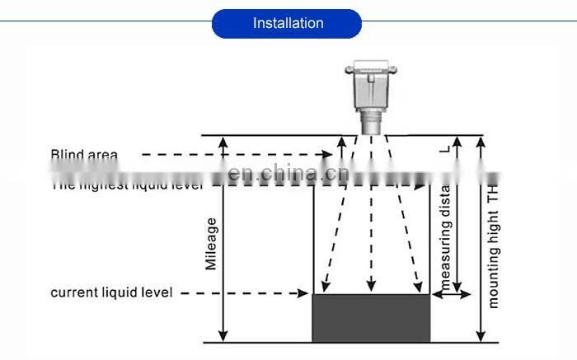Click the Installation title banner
tap(288, 23)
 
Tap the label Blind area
tap(84, 154)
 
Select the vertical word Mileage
tap(212, 243)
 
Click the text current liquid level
tap(112, 293)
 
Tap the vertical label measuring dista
tap(446, 239)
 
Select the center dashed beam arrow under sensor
tap(371, 214)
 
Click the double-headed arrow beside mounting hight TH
tap(481, 238)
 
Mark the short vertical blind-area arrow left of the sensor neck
tap(340, 148)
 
